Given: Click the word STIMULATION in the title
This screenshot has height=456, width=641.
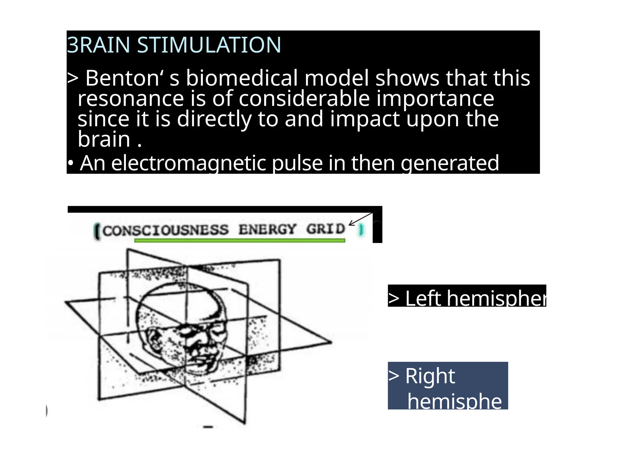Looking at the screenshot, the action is point(209,45).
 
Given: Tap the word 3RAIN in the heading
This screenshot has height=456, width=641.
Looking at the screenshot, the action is point(98,45).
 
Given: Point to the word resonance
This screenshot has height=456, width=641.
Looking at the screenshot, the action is point(131,99).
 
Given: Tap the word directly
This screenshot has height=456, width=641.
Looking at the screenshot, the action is point(214,119).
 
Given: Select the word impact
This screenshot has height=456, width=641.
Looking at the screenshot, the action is point(365,119).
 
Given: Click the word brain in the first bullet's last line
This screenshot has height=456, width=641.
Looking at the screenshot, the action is point(104,139).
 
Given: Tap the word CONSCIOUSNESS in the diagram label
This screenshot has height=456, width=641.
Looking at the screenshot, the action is point(166,231).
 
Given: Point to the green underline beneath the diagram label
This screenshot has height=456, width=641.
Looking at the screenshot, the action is point(239,241).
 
